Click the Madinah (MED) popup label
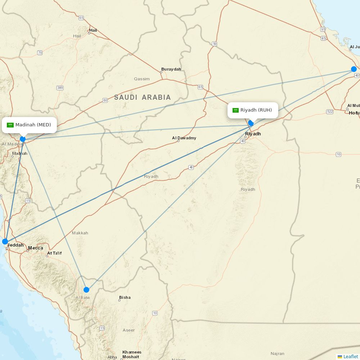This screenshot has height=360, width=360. click(x=33, y=125)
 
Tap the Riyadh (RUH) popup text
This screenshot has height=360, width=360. click(x=256, y=110)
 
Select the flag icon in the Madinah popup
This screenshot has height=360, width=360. click(x=10, y=125)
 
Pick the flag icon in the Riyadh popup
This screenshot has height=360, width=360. click(x=236, y=110)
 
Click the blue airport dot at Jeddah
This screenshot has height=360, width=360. click(x=5, y=241)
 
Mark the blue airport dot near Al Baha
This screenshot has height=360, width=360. click(x=86, y=289)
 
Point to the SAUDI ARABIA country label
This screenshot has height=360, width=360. click(x=143, y=97)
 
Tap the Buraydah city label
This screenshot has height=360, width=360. click(x=171, y=69)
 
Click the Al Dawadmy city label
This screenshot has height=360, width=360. click(x=184, y=138)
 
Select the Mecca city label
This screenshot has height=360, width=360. click(x=36, y=248)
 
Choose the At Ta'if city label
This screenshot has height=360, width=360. click(x=54, y=253)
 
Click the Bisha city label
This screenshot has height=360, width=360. click(x=125, y=297)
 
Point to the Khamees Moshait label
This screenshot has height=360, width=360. click(x=132, y=354)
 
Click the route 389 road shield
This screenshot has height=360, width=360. click(x=60, y=88)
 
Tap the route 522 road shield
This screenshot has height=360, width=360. click(x=330, y=112)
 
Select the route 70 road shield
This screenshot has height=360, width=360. click(x=40, y=53)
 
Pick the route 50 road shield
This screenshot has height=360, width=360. click(x=215, y=44)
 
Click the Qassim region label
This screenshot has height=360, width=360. click(x=141, y=78)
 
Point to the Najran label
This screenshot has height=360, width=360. click(x=278, y=354)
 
